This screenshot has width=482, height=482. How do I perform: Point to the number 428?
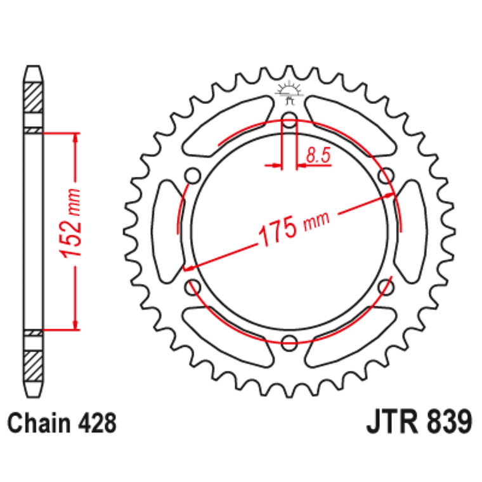coord(97,422)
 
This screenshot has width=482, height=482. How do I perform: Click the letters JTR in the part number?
coord(393,422)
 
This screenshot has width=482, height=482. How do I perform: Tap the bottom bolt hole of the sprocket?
coord(289,343)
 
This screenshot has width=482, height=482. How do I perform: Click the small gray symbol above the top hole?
coord(289,93)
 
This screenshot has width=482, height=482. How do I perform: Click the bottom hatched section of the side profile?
coord(34,365)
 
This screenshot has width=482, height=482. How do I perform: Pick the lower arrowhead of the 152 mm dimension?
coord(77,324)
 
